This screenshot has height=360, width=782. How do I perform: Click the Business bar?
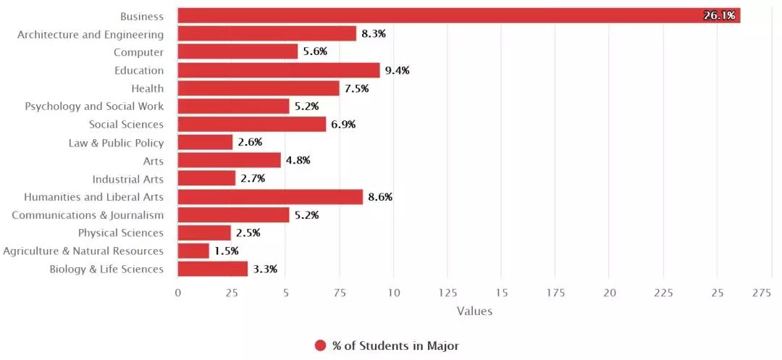pyautogui.click(x=458, y=16)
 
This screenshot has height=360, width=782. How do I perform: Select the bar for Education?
pyautogui.click(x=279, y=70)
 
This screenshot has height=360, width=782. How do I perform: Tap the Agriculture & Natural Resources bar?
pyautogui.click(x=193, y=251)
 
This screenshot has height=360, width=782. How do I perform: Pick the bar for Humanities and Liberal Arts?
pyautogui.click(x=270, y=197)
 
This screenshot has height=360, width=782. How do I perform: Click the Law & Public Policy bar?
pyautogui.click(x=205, y=143)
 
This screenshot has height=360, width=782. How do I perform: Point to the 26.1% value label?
pyautogui.click(x=719, y=16)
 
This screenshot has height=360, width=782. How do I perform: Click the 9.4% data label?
pyautogui.click(x=397, y=70)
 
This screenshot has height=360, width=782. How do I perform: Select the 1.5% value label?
pyautogui.click(x=226, y=251)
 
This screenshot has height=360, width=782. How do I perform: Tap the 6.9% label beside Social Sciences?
pyautogui.click(x=343, y=125)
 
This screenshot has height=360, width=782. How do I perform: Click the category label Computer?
pyautogui.click(x=138, y=52)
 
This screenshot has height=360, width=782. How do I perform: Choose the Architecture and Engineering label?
pyautogui.click(x=91, y=34)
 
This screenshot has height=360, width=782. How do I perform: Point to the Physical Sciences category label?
pyautogui.click(x=121, y=233)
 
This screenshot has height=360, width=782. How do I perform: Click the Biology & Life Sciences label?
pyautogui.click(x=106, y=269)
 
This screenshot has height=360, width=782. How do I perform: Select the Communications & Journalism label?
pyautogui.click(x=88, y=215)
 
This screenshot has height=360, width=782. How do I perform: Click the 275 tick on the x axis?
pyautogui.click(x=762, y=293)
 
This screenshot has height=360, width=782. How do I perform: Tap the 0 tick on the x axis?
pyautogui.click(x=178, y=293)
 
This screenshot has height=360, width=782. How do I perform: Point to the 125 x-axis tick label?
pyautogui.click(x=447, y=293)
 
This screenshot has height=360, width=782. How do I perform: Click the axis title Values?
pyautogui.click(x=474, y=311)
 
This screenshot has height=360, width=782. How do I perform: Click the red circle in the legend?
pyautogui.click(x=321, y=346)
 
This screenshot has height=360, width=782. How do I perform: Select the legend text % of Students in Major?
pyautogui.click(x=395, y=346)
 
